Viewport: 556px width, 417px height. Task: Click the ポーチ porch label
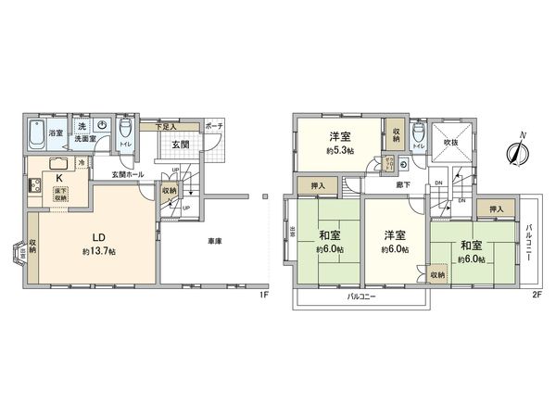tap(214, 125)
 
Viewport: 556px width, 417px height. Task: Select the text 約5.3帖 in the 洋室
tap(338, 150)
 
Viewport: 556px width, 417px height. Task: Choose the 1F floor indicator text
tap(263, 295)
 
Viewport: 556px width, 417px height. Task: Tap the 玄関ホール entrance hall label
tap(127, 173)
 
